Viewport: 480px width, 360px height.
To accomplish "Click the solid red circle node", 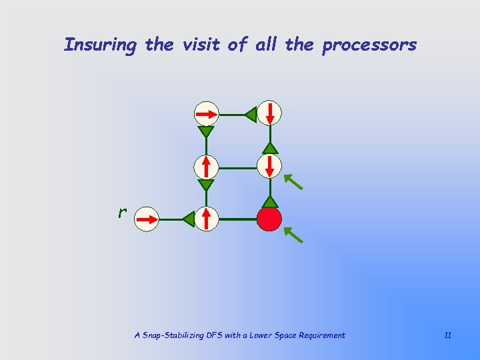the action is (x=269, y=218).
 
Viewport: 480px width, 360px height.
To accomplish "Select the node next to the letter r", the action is (x=147, y=218).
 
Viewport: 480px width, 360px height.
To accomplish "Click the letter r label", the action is (x=122, y=213).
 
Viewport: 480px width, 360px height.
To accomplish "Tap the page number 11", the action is (x=447, y=335).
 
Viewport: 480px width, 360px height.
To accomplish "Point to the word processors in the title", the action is (x=369, y=45).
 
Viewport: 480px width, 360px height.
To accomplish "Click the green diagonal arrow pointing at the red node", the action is (x=294, y=234).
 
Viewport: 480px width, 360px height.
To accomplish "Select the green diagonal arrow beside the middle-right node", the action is (x=293, y=181).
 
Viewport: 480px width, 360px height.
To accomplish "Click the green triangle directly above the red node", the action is (x=269, y=201).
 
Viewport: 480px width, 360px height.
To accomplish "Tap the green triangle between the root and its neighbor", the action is (x=189, y=218).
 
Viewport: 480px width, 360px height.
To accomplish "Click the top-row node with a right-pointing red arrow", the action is (x=207, y=114).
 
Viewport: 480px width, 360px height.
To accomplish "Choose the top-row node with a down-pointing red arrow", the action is (x=269, y=114).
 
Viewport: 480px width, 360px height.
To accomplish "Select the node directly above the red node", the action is (x=269, y=166).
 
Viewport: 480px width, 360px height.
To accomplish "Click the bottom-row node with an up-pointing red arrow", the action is (x=207, y=218).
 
